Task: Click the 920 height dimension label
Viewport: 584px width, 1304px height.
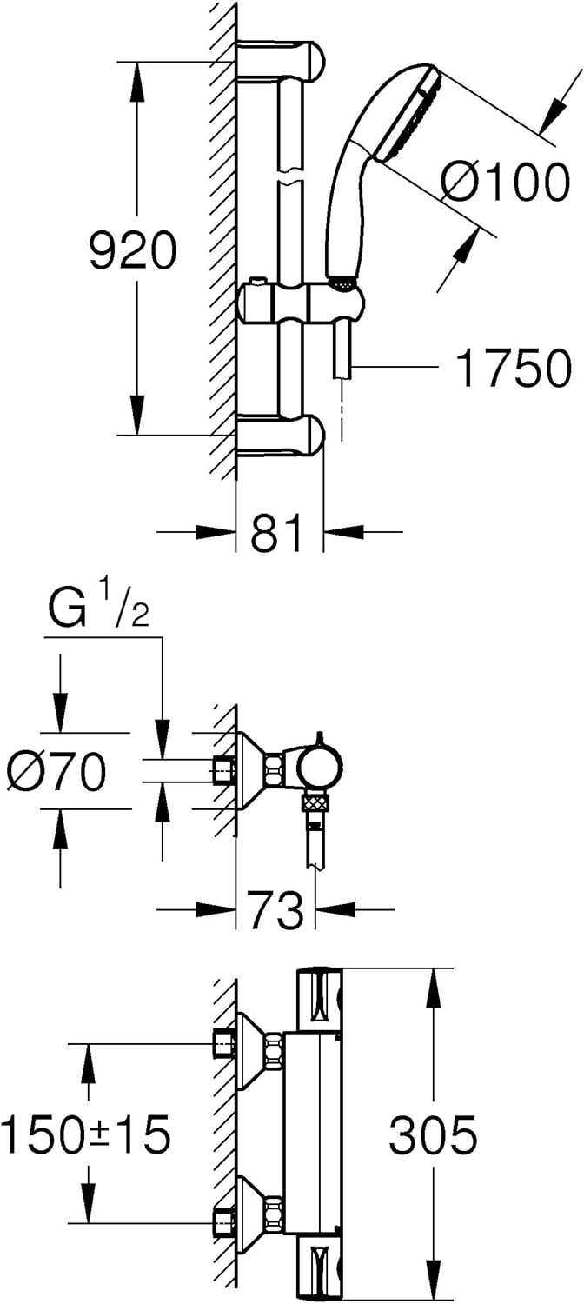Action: (x=133, y=249)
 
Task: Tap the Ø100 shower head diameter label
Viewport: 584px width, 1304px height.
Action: (x=503, y=182)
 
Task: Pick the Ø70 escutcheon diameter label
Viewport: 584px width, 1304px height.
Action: (x=57, y=771)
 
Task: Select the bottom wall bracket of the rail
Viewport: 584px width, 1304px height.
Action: (x=281, y=435)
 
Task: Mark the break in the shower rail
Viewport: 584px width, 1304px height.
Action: (x=291, y=176)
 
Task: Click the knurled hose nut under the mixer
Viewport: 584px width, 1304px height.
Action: (x=315, y=805)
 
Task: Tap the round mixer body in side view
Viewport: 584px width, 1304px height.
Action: (x=320, y=769)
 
